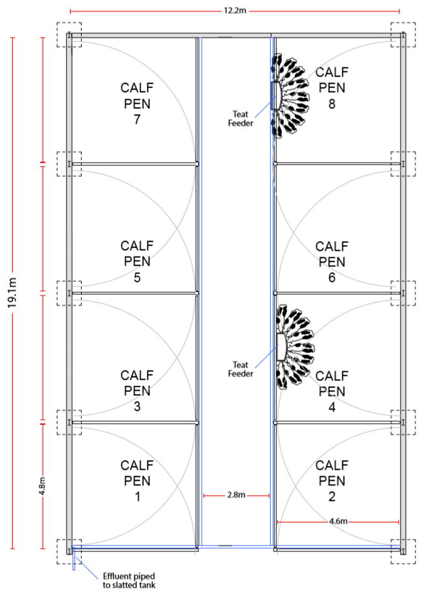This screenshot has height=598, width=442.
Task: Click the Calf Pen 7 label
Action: tap(137, 103)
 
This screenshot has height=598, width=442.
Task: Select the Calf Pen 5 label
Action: tap(137, 262)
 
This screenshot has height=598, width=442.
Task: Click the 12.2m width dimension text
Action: tap(234, 11)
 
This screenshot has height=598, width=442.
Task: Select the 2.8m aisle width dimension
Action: tap(236, 496)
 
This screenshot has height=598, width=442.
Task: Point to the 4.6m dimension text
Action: tap(338, 521)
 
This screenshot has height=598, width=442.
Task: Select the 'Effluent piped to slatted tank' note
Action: tap(129, 581)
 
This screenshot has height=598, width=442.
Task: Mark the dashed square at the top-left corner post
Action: tap(69, 34)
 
